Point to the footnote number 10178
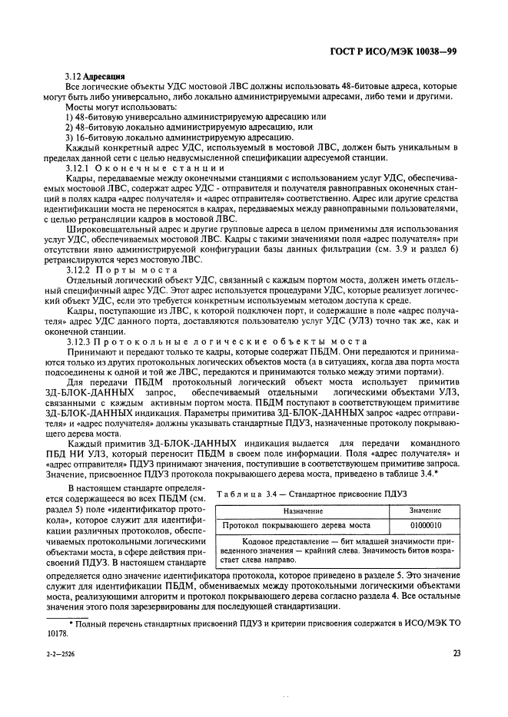click(57, 634)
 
